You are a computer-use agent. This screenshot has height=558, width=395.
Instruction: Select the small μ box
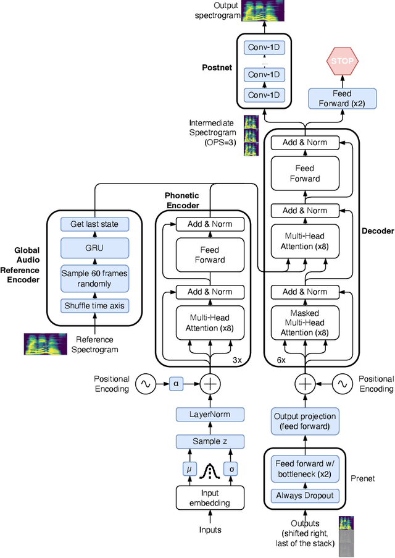point(189,468)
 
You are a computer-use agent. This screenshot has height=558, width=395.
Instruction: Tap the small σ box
point(232,468)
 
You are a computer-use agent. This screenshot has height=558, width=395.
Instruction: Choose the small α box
point(177,384)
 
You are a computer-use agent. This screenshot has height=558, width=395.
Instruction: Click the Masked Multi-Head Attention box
point(305,322)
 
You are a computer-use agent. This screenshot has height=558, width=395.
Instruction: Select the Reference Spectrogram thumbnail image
point(45,344)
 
